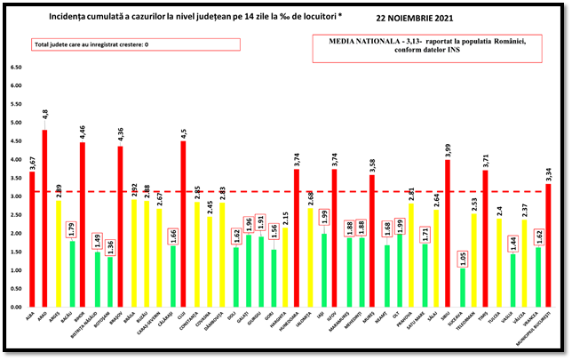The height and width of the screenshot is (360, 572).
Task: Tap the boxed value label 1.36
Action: click(109, 244)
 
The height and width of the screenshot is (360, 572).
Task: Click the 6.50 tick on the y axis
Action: click(15, 68)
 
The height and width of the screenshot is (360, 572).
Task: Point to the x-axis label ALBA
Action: click(31, 313)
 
